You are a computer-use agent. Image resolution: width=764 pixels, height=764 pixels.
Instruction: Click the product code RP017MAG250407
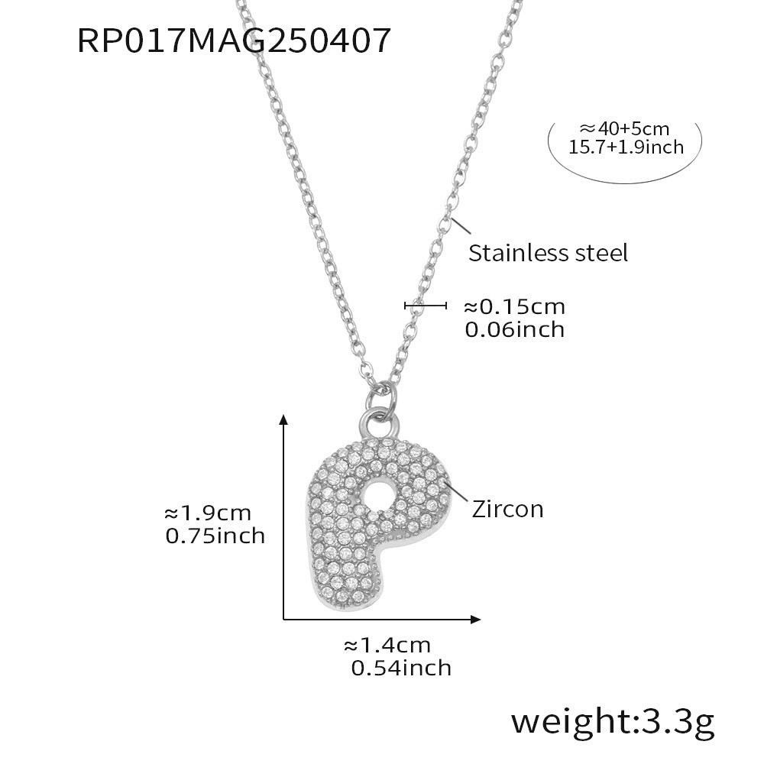234,40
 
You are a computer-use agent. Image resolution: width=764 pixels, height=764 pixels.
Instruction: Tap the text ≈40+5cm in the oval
625,128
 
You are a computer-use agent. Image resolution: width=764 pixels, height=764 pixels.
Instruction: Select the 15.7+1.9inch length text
626,147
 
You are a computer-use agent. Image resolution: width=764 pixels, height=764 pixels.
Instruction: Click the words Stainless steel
548,253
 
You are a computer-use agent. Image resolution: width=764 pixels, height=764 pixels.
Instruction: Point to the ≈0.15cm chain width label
514,307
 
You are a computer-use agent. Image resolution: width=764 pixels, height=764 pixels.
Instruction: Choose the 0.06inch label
514,329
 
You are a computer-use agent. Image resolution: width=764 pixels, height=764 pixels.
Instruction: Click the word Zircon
507,509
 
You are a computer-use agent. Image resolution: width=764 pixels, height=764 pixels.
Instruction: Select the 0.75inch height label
215,536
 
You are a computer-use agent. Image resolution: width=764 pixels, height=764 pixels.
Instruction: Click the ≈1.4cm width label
387,645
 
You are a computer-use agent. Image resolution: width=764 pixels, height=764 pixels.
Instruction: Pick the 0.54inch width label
400,668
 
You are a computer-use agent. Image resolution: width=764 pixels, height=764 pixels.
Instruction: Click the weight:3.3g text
612,720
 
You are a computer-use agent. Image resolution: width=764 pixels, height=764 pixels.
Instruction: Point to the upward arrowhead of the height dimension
284,418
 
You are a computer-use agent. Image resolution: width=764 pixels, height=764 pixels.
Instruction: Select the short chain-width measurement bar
425,306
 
